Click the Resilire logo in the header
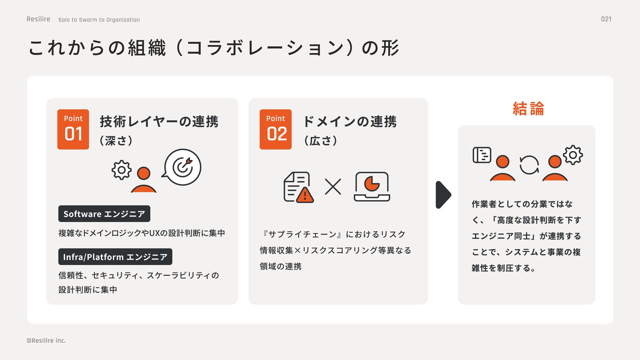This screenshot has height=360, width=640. pyautogui.click(x=38, y=19)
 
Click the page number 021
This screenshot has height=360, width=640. pyautogui.click(x=606, y=19)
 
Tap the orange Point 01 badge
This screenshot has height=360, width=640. pyautogui.click(x=73, y=129)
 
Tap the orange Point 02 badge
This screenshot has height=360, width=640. pyautogui.click(x=276, y=129)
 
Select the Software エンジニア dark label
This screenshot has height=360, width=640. pyautogui.click(x=104, y=214)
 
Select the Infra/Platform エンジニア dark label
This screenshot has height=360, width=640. pyautogui.click(x=115, y=257)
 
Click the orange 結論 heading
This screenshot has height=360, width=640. pyautogui.click(x=528, y=109)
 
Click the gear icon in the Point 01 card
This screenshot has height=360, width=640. pyautogui.click(x=121, y=170)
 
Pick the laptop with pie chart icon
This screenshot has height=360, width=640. pyautogui.click(x=372, y=187)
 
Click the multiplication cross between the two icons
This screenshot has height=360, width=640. pyautogui.click(x=333, y=187)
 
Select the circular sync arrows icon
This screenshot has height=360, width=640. pyautogui.click(x=529, y=165)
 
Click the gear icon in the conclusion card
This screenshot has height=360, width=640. pyautogui.click(x=573, y=155)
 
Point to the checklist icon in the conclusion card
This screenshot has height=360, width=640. pyautogui.click(x=482, y=155)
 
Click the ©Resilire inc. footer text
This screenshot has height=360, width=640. pyautogui.click(x=46, y=340)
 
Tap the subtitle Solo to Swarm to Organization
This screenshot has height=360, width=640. pyautogui.click(x=99, y=20)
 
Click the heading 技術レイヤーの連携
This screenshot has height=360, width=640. pyautogui.click(x=159, y=121)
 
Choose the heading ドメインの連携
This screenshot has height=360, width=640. pyautogui.click(x=350, y=121)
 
